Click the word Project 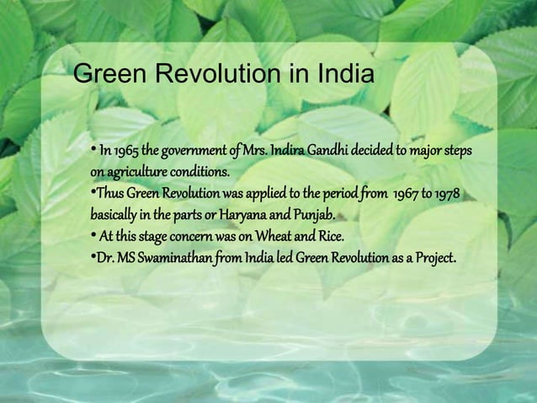coord(432,256)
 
